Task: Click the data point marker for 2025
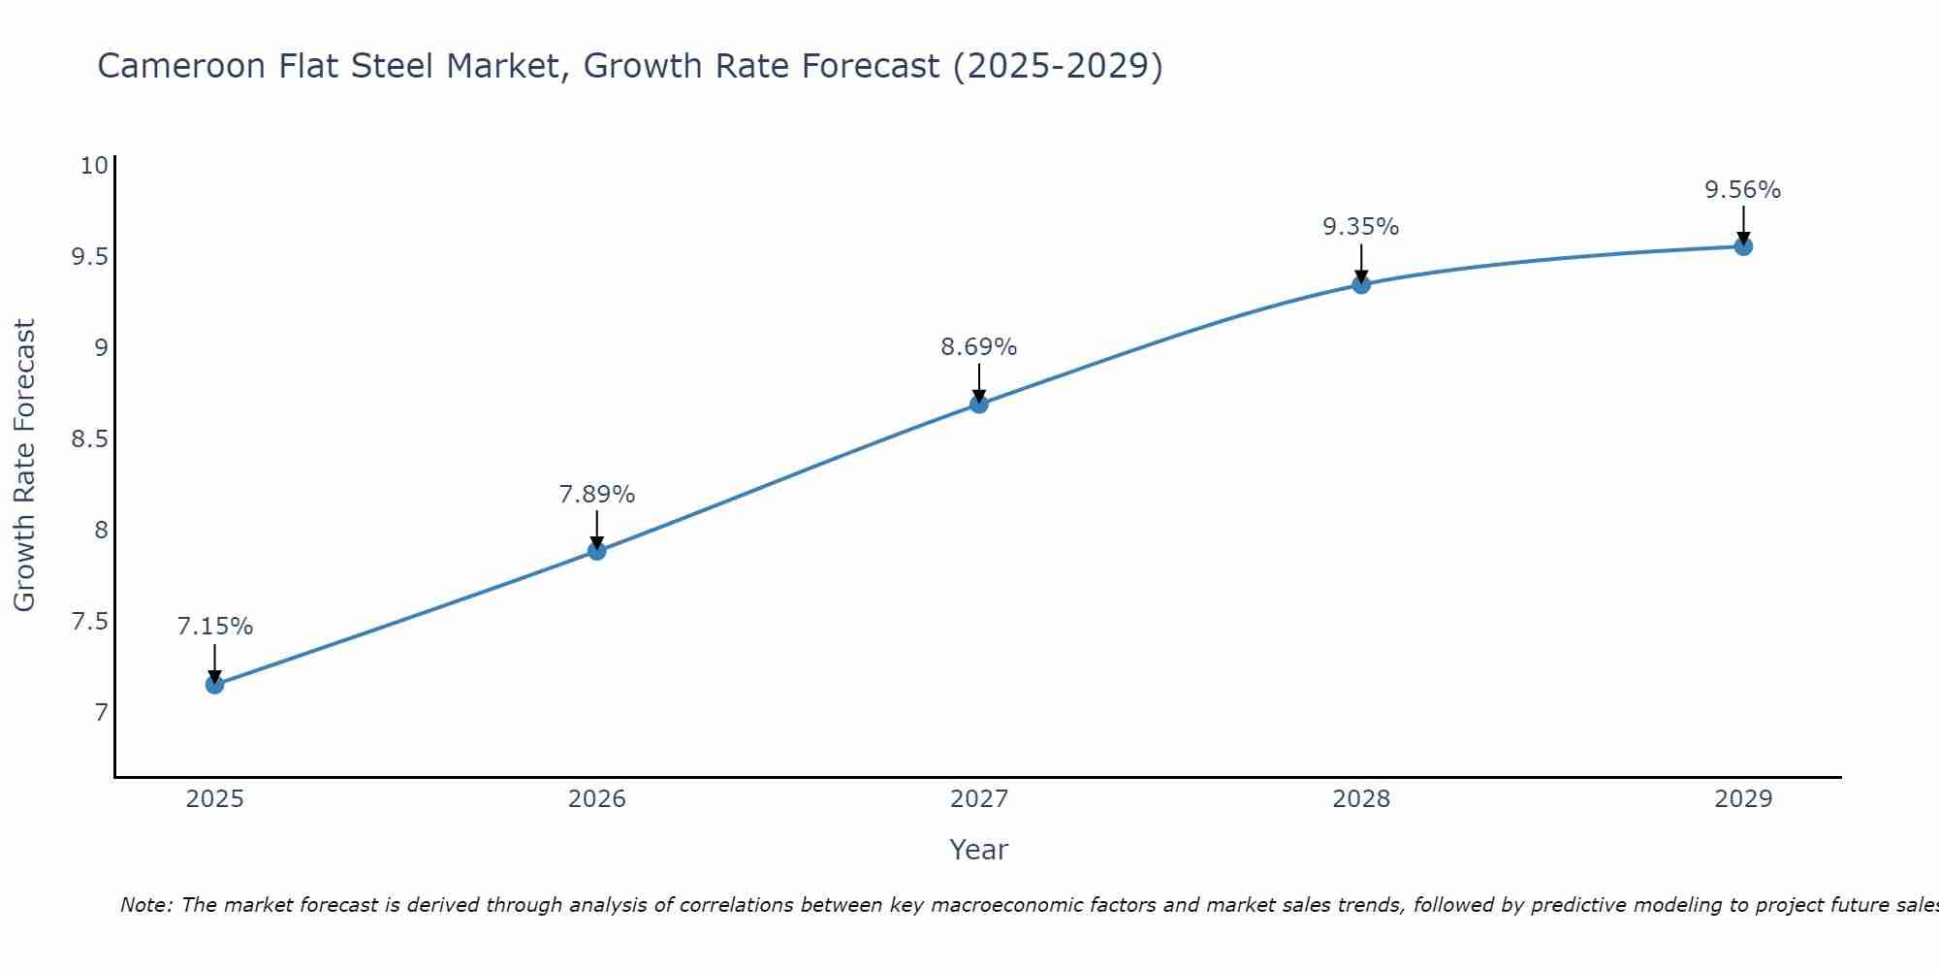214,685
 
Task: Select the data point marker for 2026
597,551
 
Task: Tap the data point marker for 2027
979,404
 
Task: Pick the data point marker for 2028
1361,284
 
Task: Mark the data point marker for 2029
1743,246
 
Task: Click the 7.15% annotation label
214,627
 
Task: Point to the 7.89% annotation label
597,495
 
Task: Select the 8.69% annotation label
979,347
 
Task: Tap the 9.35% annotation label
1361,227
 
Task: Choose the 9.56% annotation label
1743,190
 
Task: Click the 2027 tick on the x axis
979,799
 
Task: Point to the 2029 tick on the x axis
1743,799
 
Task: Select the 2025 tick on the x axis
214,799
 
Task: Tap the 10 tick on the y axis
94,166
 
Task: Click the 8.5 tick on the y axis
89,439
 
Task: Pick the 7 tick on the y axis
101,713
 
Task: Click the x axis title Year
979,850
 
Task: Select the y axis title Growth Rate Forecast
24,466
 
